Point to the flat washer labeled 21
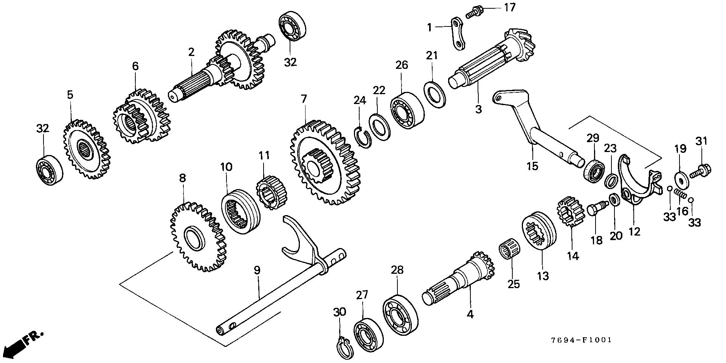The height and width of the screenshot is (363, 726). [435, 93]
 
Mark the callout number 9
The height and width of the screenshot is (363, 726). [257, 270]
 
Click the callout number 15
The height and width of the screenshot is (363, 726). [532, 166]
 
